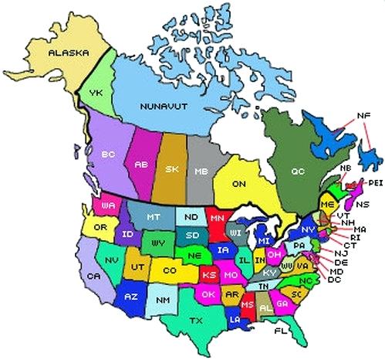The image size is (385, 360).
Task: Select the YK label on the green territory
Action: click(x=96, y=93)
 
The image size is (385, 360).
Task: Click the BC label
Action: click(x=108, y=155)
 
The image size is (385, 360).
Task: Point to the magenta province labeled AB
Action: click(x=141, y=164)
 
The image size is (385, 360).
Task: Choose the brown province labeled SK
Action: click(x=173, y=168)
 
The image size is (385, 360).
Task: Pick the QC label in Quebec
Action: click(x=298, y=171)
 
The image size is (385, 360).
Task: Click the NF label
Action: click(x=363, y=116)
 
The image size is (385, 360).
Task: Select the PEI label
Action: click(x=376, y=182)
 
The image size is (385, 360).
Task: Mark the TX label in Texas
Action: click(x=197, y=320)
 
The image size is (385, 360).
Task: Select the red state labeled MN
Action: click(x=217, y=219)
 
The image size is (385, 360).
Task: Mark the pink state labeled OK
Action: click(x=206, y=294)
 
